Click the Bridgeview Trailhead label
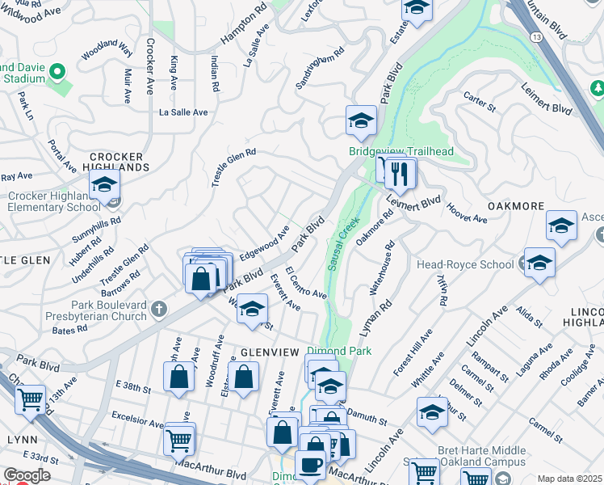click(x=401, y=151)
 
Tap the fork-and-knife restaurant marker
click(x=399, y=173)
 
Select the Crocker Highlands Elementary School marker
click(x=104, y=185)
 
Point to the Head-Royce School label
click(x=464, y=264)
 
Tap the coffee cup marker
click(x=310, y=466)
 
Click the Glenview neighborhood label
click(x=271, y=352)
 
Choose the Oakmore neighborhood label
click(x=516, y=206)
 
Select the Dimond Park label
click(x=338, y=352)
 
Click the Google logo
click(x=27, y=475)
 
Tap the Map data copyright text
click(x=570, y=479)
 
